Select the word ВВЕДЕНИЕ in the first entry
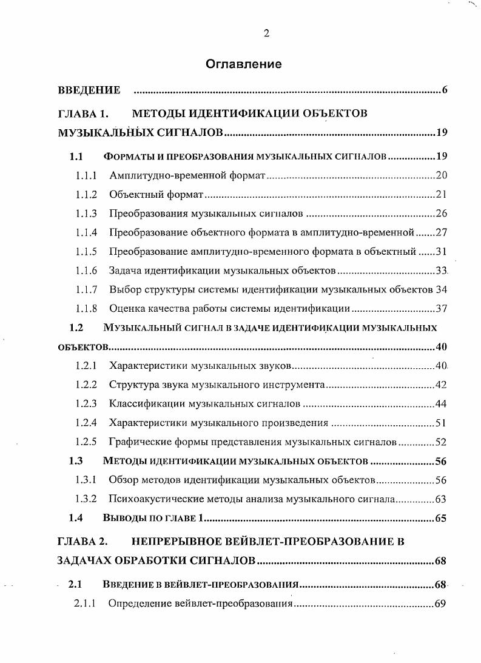(89, 91)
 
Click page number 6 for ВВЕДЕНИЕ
(444, 91)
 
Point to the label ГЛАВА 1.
(82, 113)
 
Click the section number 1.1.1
(87, 176)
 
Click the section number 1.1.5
(87, 251)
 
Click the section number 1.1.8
(87, 309)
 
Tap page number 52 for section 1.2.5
(441, 442)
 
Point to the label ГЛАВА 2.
(82, 540)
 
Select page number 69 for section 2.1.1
(441, 604)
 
